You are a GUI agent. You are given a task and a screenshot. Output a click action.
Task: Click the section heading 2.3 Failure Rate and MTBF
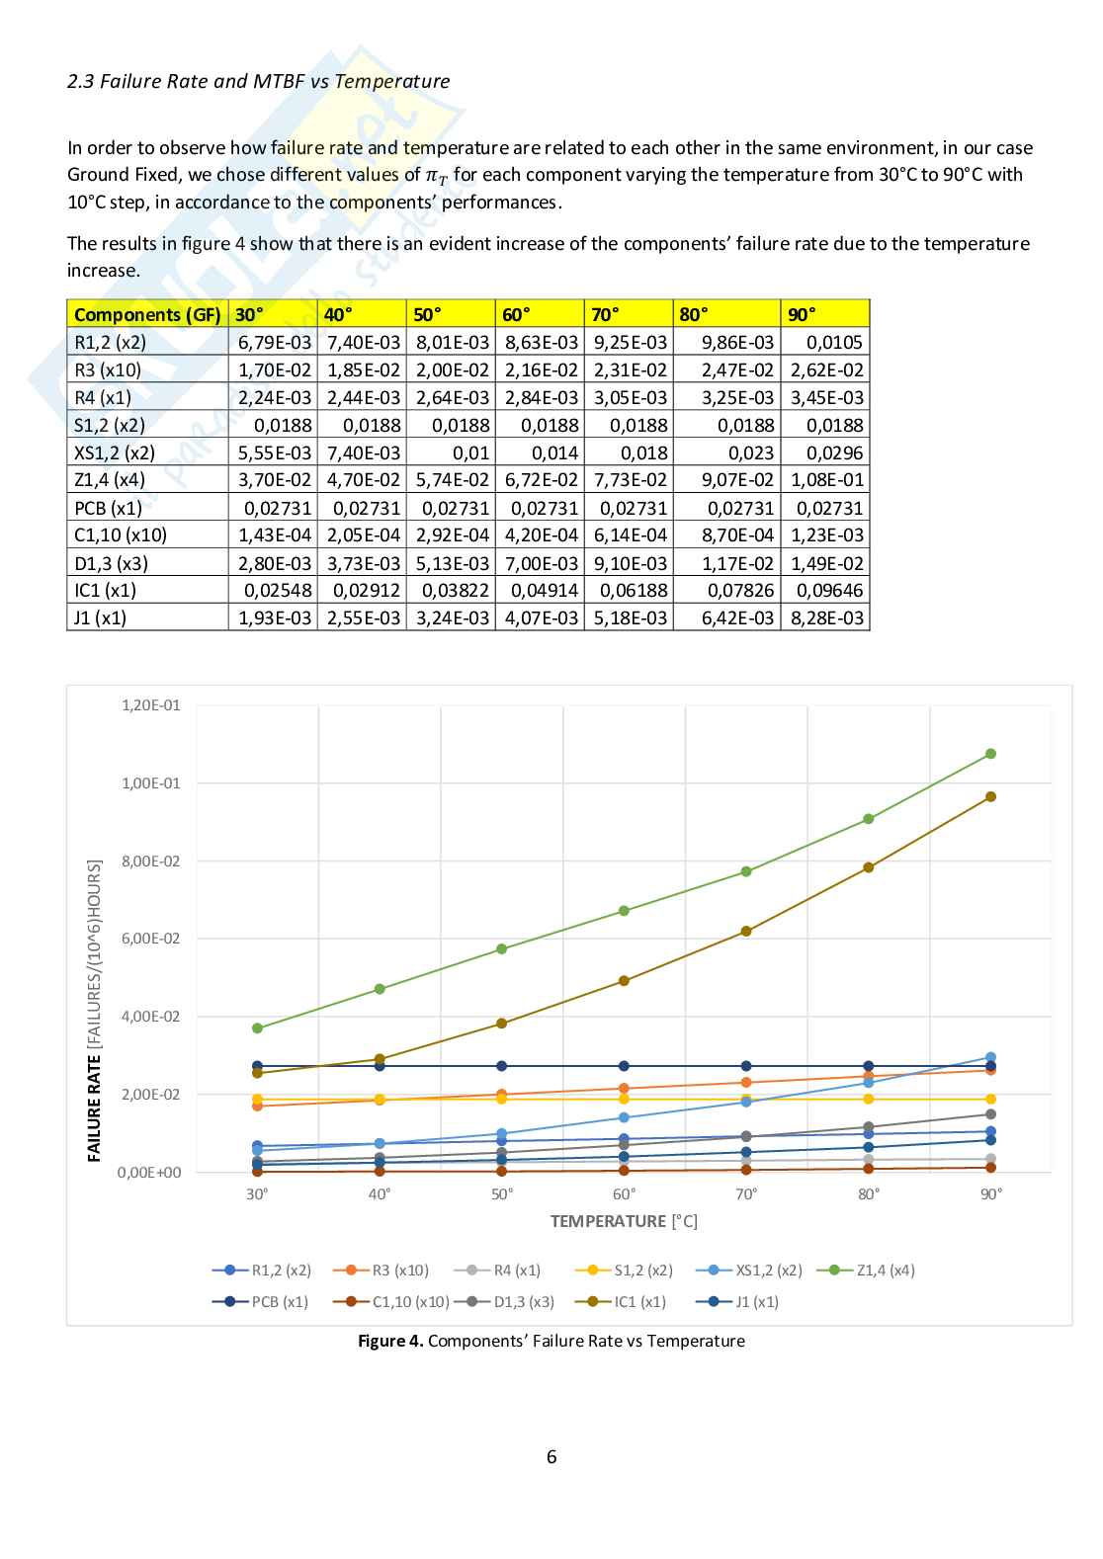click(x=258, y=82)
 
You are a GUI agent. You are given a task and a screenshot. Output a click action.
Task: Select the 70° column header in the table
click(x=605, y=314)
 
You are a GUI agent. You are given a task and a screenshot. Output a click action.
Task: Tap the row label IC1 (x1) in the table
click(x=106, y=590)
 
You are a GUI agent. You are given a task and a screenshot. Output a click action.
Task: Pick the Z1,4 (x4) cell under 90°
click(x=826, y=480)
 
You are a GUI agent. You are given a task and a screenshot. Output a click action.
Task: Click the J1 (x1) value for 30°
click(x=274, y=617)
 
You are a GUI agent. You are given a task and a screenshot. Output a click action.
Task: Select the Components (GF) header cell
click(x=147, y=314)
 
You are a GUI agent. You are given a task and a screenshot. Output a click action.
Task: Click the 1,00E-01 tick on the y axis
click(x=150, y=783)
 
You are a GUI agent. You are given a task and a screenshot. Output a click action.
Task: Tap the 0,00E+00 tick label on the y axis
click(x=149, y=1173)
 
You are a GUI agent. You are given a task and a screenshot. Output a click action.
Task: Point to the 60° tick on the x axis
click(x=624, y=1194)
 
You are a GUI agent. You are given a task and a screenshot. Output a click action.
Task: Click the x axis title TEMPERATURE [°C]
click(x=624, y=1222)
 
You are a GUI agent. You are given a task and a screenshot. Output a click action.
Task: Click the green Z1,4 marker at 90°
click(x=990, y=754)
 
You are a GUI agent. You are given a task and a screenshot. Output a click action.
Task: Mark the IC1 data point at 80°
click(x=869, y=867)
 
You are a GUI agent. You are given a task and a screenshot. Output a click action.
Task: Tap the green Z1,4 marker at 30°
click(x=257, y=1028)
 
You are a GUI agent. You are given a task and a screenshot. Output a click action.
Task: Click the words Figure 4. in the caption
click(x=390, y=1341)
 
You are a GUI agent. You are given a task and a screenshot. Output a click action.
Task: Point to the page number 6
click(x=551, y=1457)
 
